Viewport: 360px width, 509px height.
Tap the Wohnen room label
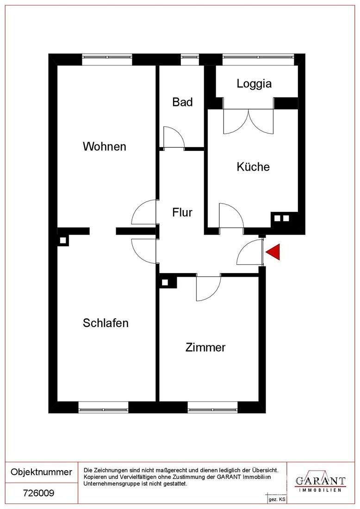(x=105, y=146)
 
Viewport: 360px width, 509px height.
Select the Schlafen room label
(x=106, y=323)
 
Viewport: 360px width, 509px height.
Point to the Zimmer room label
(x=205, y=348)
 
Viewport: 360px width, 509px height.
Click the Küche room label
(x=253, y=167)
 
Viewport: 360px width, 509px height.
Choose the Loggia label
(x=254, y=84)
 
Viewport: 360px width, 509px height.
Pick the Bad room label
(x=182, y=102)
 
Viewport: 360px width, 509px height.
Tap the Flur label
(x=182, y=213)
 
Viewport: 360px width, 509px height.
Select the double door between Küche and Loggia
(x=248, y=121)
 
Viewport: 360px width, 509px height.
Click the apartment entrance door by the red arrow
(x=250, y=253)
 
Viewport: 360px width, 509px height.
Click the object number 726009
(x=38, y=493)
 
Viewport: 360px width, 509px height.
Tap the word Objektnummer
(x=41, y=472)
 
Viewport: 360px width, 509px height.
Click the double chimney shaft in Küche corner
(x=282, y=218)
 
